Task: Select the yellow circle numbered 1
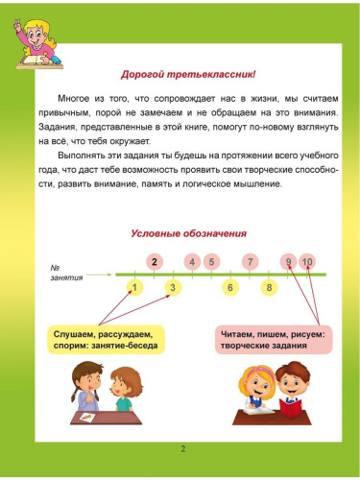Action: click(x=135, y=287)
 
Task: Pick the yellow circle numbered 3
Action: click(x=173, y=287)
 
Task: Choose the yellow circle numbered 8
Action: click(x=270, y=287)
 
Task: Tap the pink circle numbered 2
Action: click(x=155, y=261)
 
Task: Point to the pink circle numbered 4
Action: click(x=193, y=261)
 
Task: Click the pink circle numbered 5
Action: click(x=211, y=261)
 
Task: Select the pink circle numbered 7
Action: click(x=250, y=261)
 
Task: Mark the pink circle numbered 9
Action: click(x=288, y=261)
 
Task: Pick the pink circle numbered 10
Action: click(x=307, y=261)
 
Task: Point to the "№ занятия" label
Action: click(x=69, y=272)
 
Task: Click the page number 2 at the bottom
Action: click(x=181, y=448)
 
